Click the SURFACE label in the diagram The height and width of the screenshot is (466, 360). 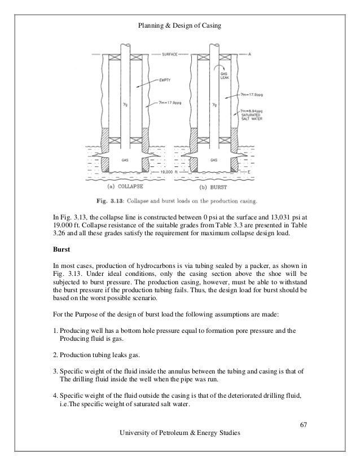pyautogui.click(x=168, y=54)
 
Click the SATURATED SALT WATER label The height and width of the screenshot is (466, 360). pyautogui.click(x=252, y=116)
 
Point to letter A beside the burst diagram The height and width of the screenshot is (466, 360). pyautogui.click(x=249, y=54)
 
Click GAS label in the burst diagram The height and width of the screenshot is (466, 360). pyautogui.click(x=214, y=160)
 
